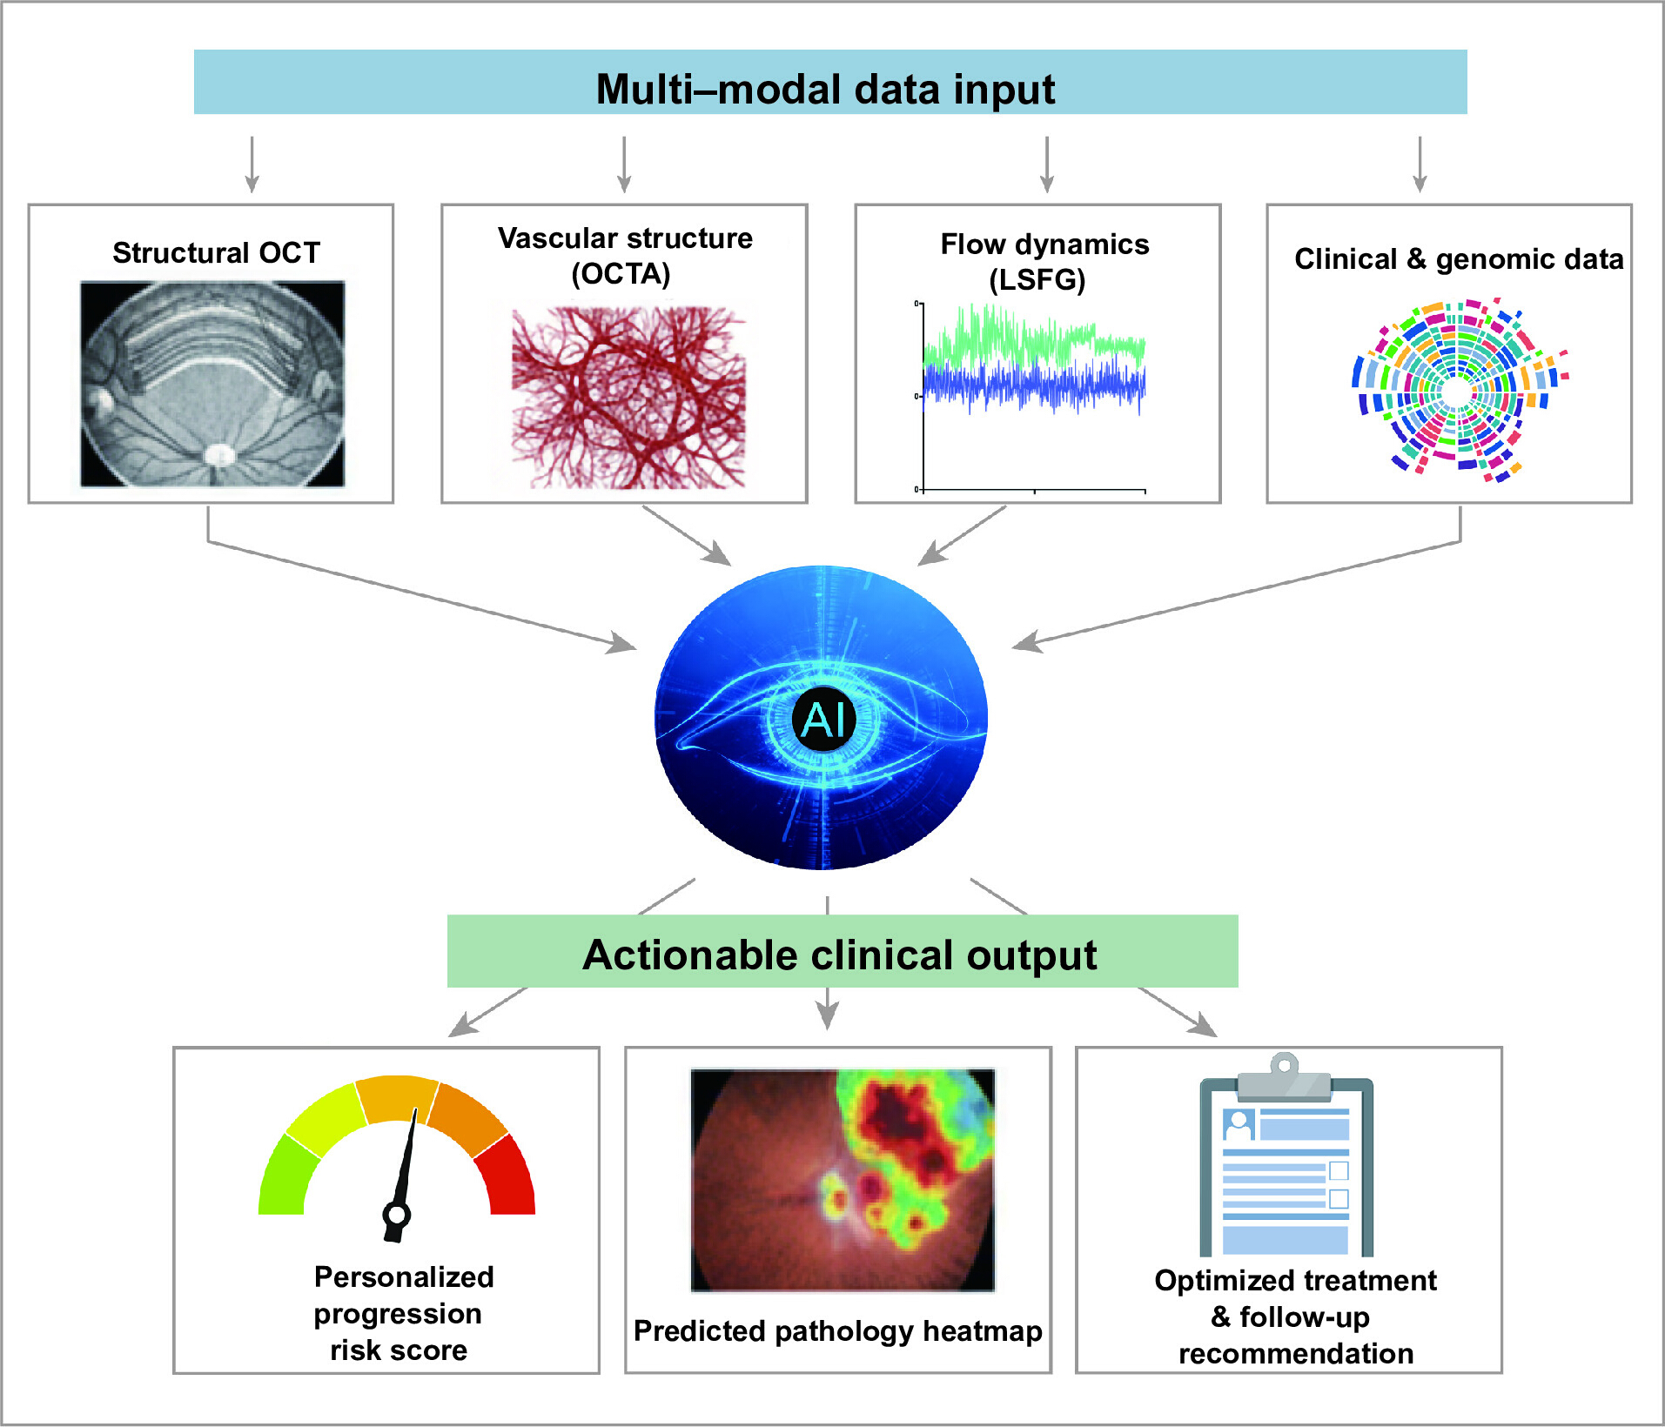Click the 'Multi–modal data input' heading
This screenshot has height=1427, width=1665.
click(825, 89)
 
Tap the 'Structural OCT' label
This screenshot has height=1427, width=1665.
click(217, 252)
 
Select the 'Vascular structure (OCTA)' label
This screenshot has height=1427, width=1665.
click(625, 256)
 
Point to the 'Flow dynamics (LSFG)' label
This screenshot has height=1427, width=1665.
click(1044, 262)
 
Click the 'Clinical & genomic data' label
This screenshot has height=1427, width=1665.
click(1459, 259)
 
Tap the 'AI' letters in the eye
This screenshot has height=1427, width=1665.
click(823, 720)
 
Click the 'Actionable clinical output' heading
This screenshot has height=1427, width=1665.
click(840, 955)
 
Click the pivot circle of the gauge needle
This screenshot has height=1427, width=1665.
click(397, 1215)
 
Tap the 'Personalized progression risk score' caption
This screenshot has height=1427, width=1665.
click(403, 1313)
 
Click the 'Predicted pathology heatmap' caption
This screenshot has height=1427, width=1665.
click(838, 1331)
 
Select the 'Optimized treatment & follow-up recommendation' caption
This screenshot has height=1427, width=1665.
click(1295, 1317)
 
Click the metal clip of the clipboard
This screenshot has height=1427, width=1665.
click(1285, 1077)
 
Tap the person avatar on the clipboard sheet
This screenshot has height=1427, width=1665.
click(1238, 1124)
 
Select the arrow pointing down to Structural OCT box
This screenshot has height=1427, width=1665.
click(252, 164)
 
